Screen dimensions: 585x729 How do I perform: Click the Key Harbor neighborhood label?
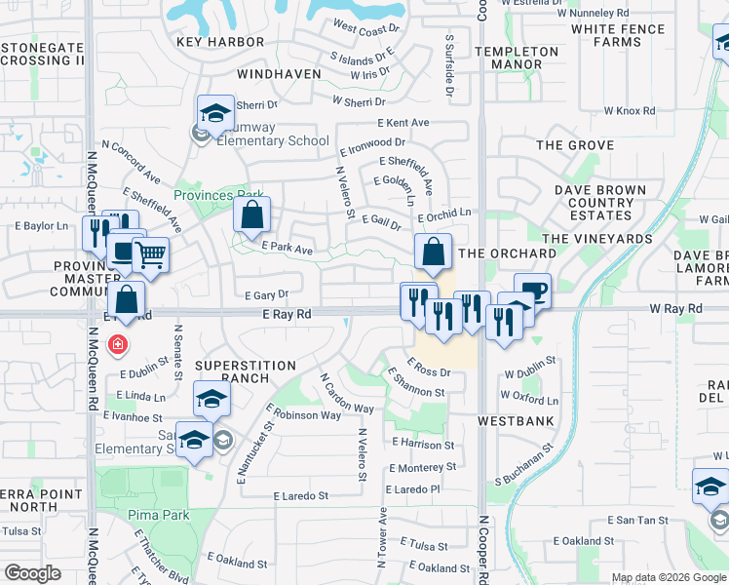(x=220, y=42)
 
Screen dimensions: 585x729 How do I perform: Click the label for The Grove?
(x=575, y=145)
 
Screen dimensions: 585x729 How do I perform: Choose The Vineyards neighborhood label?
(x=596, y=239)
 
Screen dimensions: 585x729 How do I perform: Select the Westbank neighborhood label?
(x=516, y=421)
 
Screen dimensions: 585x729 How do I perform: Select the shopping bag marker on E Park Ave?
(x=251, y=215)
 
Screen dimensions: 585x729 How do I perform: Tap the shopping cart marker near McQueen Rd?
(x=150, y=256)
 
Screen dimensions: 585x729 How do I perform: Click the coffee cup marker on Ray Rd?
(x=532, y=291)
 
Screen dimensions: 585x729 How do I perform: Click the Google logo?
(x=33, y=573)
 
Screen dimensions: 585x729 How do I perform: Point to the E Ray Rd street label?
(x=287, y=314)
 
